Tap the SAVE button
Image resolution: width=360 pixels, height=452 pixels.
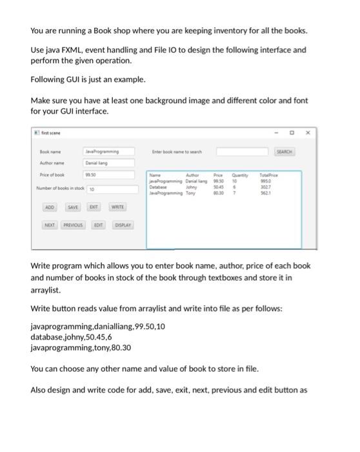point(73,207)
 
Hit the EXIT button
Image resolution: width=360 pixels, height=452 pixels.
point(94,207)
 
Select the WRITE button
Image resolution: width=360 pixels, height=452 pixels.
point(117,207)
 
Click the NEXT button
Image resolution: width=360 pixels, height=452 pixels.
point(50,225)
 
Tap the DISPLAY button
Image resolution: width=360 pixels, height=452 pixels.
point(123,225)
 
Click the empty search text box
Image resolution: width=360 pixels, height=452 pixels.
point(241,151)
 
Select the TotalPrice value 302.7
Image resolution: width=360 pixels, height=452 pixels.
point(265,187)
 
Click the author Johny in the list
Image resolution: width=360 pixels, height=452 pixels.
point(192,187)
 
